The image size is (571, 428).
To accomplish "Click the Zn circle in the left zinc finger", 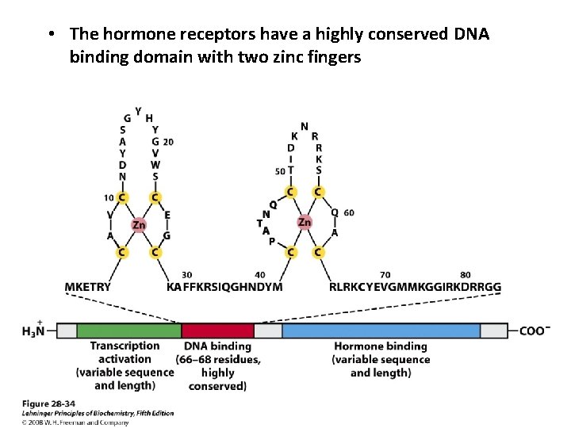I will (x=139, y=225).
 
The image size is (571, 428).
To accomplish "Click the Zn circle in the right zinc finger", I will (x=305, y=222).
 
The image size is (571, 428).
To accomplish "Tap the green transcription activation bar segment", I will (x=128, y=331).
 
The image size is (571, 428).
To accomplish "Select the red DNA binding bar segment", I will (x=217, y=331).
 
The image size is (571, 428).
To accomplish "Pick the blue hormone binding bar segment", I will (x=381, y=331).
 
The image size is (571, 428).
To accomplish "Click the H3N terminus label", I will (x=33, y=331).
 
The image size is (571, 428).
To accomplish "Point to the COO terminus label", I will (x=535, y=331).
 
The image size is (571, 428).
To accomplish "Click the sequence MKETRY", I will (x=87, y=286).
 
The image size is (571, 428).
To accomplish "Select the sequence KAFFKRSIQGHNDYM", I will (x=224, y=286).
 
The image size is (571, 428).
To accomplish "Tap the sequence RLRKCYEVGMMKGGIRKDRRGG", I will (x=415, y=286).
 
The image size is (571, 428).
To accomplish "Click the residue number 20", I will (x=168, y=142).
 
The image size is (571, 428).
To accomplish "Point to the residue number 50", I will (x=279, y=171).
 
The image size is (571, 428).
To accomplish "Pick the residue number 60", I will (x=349, y=212).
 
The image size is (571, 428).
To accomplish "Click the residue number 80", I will (x=465, y=274).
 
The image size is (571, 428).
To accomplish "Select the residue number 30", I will (x=187, y=274).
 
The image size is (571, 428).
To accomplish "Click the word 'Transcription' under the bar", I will (x=125, y=346).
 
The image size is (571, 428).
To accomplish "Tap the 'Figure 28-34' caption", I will (x=44, y=403).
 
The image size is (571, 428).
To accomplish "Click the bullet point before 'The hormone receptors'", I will (x=50, y=35).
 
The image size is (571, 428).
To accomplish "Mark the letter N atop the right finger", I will (x=305, y=126).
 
